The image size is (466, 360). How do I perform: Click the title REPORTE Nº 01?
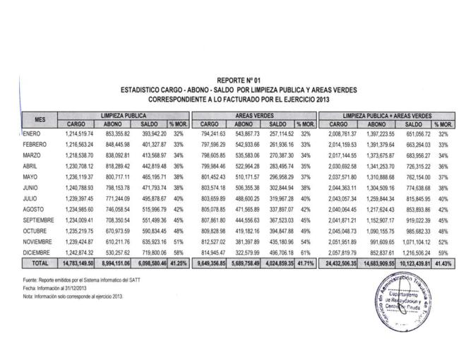tap(233, 82)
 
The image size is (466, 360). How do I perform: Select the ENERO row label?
tap(33, 133)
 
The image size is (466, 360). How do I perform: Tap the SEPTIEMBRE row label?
tap(41, 221)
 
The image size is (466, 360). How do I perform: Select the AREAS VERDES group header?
tap(255, 114)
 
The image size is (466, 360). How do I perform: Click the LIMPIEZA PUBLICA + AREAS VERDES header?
tap(387, 114)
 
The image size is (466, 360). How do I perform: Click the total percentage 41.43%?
tap(443, 263)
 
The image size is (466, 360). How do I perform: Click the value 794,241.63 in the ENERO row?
tap(219, 133)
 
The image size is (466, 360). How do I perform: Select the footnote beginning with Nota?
tap(73, 297)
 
